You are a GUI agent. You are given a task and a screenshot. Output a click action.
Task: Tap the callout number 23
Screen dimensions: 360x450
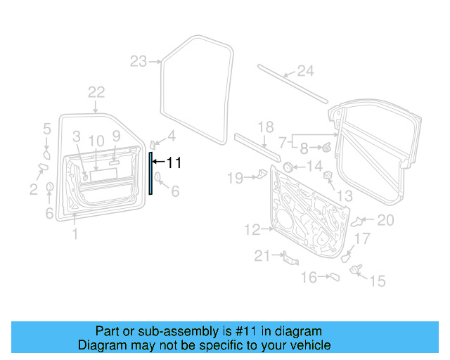pos(138,62)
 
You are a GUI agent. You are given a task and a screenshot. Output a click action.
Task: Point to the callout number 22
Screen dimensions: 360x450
pos(96,91)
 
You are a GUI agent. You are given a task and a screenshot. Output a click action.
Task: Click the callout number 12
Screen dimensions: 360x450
pos(252,229)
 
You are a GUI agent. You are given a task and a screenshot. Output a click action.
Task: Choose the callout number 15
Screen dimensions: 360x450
pos(378,281)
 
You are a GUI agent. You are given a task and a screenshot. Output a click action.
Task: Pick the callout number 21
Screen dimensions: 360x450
pos(262,257)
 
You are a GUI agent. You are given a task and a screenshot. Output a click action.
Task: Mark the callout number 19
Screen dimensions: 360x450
pos(234,179)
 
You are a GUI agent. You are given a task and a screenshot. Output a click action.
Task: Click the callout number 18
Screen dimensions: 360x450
pos(265,127)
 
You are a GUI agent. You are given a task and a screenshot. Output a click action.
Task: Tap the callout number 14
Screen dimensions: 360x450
pos(314,167)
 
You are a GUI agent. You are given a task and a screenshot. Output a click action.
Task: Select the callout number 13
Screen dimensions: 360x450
pos(345,195)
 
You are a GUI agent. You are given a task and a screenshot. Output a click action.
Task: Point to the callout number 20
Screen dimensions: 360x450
pos(386,221)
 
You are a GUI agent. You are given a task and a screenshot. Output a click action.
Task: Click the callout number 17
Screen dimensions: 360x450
pos(361,240)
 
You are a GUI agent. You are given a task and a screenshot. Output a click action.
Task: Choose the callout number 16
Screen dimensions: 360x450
pos(309,278)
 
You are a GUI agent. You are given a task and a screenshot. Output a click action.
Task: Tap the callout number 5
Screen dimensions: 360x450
pos(47,129)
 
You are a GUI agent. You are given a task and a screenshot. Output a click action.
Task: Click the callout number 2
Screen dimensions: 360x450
pos(33,188)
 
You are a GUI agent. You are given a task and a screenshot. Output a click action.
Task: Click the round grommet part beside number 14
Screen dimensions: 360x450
pos(288,167)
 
